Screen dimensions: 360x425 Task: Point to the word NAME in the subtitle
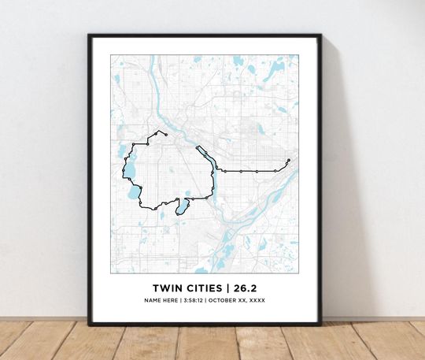[x=153, y=300]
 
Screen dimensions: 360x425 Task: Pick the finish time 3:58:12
[x=194, y=300]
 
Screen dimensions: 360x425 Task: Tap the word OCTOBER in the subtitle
[x=227, y=300]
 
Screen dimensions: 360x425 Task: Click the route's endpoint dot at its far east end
[x=289, y=161]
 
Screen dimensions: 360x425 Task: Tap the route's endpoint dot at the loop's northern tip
[x=158, y=132]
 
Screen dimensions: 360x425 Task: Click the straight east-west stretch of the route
[x=252, y=170]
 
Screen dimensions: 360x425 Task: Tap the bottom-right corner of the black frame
[x=320, y=324]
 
